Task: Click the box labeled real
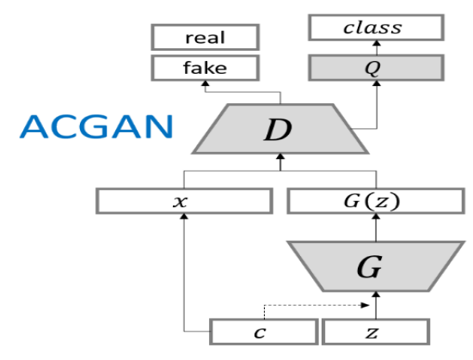pyautogui.click(x=205, y=37)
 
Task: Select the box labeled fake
pyautogui.click(x=205, y=67)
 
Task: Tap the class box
pyautogui.click(x=375, y=28)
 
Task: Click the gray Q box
pyautogui.click(x=375, y=66)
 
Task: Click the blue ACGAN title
pyautogui.click(x=96, y=127)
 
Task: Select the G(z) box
pyautogui.click(x=375, y=203)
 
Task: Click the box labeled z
pyautogui.click(x=375, y=331)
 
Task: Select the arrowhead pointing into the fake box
pyautogui.click(x=205, y=83)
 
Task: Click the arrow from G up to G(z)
pyautogui.click(x=375, y=227)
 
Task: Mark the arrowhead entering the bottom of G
pyautogui.click(x=375, y=297)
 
